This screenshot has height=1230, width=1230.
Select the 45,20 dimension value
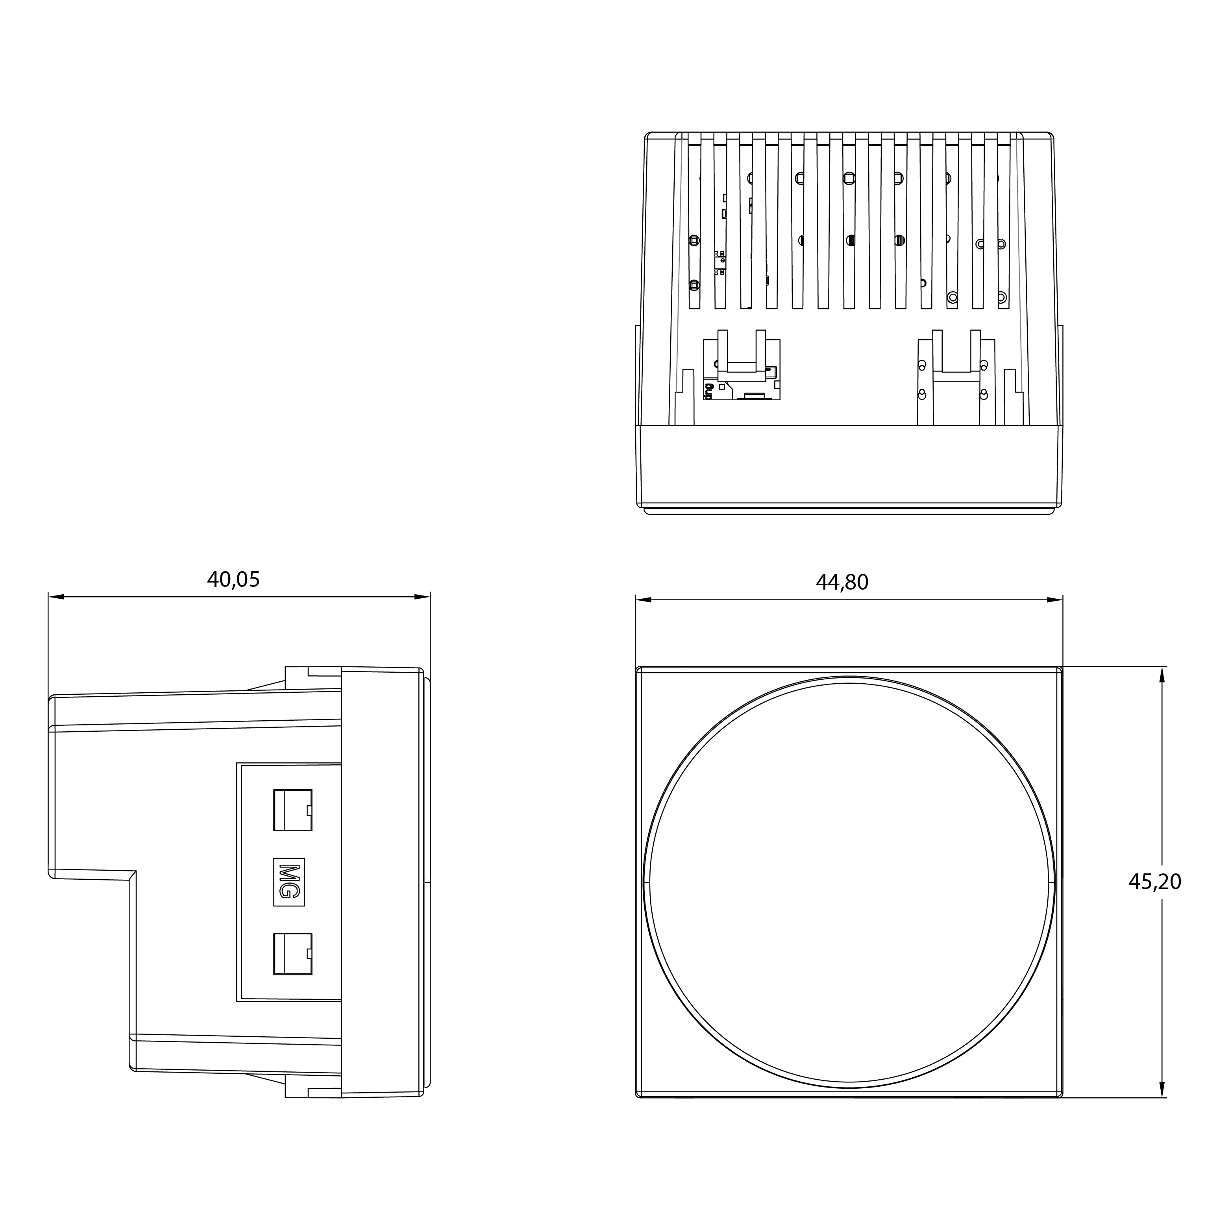(1155, 882)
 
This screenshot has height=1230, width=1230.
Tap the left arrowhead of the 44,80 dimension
(644, 600)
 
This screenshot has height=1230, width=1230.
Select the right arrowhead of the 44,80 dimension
(1055, 600)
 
